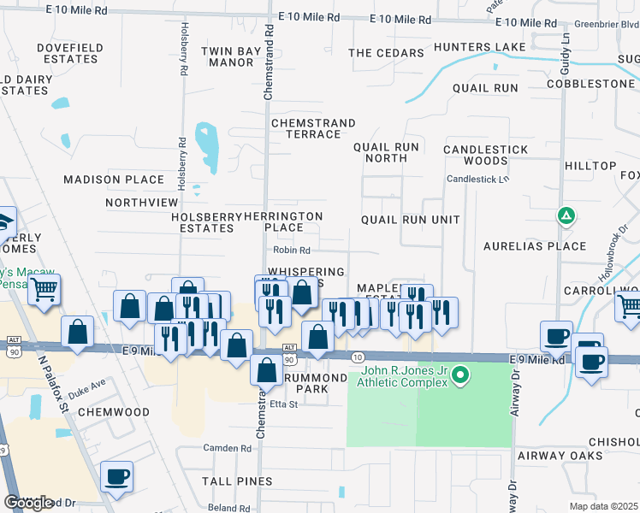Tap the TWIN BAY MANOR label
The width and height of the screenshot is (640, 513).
231,56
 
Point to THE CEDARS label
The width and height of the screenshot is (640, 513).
386,53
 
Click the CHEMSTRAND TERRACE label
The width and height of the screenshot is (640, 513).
312,129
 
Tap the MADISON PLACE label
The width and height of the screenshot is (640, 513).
114,180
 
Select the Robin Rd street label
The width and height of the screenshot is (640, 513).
292,251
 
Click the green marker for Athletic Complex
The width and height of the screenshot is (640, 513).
460,374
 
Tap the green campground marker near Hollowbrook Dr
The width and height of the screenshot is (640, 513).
566,216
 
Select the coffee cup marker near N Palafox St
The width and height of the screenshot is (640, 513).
116,475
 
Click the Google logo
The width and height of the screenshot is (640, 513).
28,502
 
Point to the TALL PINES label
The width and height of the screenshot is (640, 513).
237,481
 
